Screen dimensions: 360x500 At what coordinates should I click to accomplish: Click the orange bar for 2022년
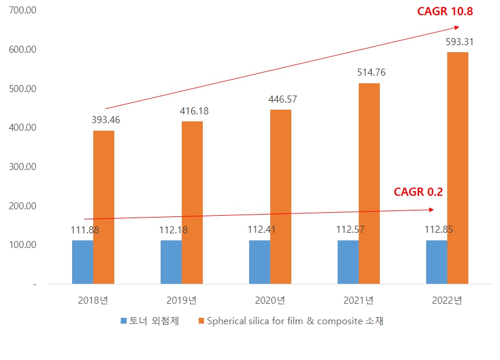coord(457,168)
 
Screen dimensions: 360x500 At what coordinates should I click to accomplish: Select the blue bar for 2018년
coord(83,262)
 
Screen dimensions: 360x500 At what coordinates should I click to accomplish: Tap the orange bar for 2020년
coord(280,197)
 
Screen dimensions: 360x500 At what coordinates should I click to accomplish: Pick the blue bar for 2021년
coord(348,262)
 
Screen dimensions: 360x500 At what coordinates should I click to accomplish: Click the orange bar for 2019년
coord(192,203)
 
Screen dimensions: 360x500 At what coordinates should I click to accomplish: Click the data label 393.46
coord(106,120)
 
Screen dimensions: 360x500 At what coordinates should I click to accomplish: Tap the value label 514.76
coord(371,73)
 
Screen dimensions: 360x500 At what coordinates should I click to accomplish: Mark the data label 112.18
coord(173,230)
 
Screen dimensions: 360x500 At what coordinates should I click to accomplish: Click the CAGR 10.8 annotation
coord(445,11)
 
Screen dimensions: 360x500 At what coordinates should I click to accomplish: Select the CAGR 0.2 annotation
coord(418,192)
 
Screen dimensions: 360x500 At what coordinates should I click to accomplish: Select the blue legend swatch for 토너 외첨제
coord(124,321)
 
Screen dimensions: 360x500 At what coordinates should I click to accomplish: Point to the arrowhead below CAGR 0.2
coord(431,209)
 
